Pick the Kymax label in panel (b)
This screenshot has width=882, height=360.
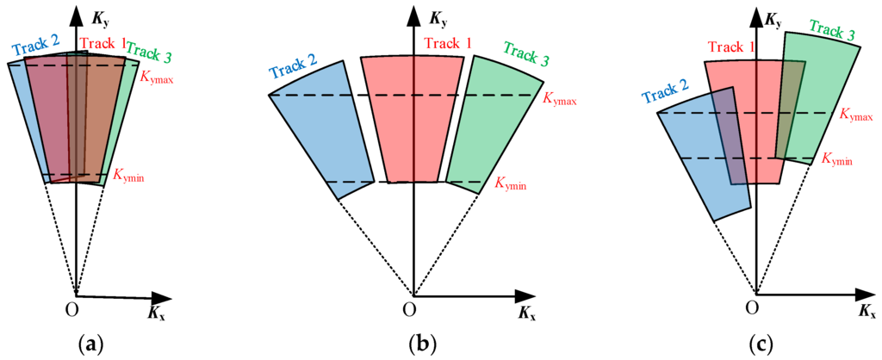click(559, 99)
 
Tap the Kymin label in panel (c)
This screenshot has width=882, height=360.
click(837, 159)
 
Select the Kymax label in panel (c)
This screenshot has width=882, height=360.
click(854, 112)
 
